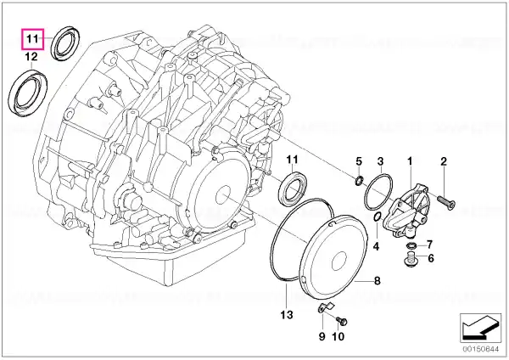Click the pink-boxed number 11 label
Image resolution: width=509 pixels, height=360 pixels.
click(x=32, y=39)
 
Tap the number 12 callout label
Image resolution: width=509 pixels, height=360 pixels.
click(x=31, y=57)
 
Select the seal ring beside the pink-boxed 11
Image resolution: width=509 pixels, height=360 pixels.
click(x=66, y=43)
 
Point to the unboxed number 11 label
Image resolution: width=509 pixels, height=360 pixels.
click(x=292, y=160)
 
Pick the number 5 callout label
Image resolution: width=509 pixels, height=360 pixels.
click(x=359, y=161)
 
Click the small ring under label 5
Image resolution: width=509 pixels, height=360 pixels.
click(x=358, y=180)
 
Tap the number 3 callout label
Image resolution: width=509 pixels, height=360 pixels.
click(x=380, y=161)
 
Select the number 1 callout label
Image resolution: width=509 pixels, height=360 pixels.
click(x=410, y=160)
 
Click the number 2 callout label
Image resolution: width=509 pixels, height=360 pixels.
click(x=444, y=161)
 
